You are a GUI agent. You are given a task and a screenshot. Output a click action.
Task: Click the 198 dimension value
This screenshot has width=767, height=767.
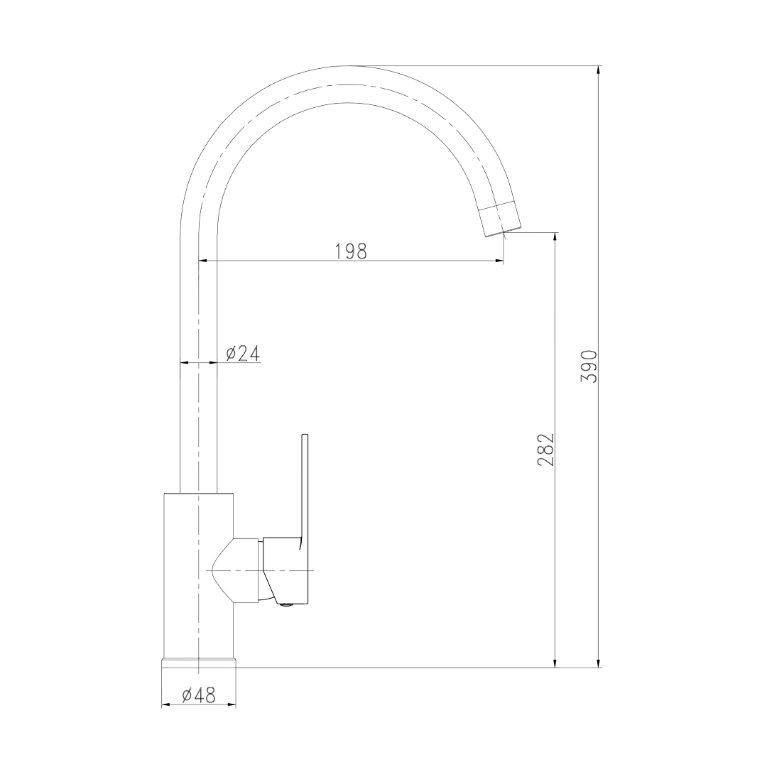click(350, 251)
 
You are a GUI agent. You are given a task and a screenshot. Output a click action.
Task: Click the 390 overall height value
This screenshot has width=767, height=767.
click(589, 366)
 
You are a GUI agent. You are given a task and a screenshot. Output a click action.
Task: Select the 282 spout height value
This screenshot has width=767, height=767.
click(545, 449)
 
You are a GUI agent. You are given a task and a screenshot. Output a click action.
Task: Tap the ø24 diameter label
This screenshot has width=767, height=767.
click(242, 353)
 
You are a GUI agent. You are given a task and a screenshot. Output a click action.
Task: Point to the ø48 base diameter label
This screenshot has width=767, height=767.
click(198, 696)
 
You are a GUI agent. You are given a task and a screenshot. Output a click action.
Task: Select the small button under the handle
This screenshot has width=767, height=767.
click(286, 605)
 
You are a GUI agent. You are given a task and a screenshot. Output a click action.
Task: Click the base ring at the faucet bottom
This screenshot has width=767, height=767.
click(198, 663)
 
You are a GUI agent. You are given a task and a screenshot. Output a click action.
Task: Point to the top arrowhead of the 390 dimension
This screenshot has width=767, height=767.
click(599, 71)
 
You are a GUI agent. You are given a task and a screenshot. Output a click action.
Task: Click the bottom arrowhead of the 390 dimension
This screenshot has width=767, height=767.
click(599, 662)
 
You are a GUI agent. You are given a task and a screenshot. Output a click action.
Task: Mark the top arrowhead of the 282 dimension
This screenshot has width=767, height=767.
click(555, 238)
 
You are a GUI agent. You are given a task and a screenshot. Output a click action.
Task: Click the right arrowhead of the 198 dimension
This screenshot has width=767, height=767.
click(499, 261)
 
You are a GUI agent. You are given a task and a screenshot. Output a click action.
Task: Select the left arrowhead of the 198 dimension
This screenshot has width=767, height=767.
click(203, 261)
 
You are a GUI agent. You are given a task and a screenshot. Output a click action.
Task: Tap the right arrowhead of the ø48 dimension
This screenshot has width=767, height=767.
click(231, 705)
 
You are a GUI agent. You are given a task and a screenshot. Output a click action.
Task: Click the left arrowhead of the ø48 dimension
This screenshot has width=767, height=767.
click(166, 705)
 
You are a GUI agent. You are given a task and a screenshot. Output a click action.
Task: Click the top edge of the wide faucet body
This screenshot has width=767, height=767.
click(198, 493)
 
